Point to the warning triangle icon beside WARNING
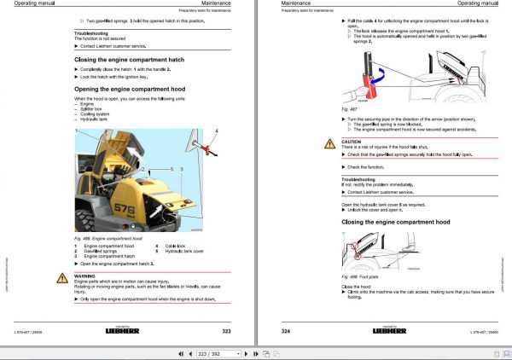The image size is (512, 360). (63, 278)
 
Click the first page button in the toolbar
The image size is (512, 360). (180, 352)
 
